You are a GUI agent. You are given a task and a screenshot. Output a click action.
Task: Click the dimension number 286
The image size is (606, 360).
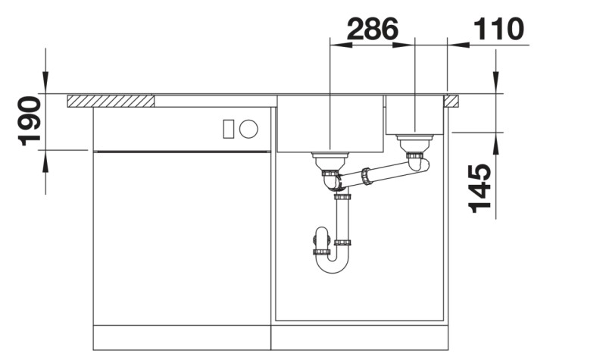pyautogui.click(x=372, y=30)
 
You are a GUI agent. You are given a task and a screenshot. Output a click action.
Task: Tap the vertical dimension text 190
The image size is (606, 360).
pyautogui.click(x=28, y=121)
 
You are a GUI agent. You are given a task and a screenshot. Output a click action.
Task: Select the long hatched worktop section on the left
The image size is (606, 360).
pyautogui.click(x=111, y=100)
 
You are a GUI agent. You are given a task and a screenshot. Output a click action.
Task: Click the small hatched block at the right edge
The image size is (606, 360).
pyautogui.click(x=451, y=100)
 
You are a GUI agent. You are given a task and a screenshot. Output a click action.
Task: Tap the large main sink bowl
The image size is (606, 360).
pyautogui.click(x=330, y=123)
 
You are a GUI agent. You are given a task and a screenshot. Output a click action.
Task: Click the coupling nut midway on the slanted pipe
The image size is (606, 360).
pyautogui.click(x=367, y=177)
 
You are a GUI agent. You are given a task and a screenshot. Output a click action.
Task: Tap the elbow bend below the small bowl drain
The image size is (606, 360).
pyautogui.click(x=419, y=162)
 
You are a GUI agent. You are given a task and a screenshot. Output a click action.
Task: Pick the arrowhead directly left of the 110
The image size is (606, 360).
pyautogui.click(x=458, y=45)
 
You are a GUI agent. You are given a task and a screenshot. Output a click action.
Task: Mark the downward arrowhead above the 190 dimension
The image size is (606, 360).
pyautogui.click(x=46, y=83)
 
